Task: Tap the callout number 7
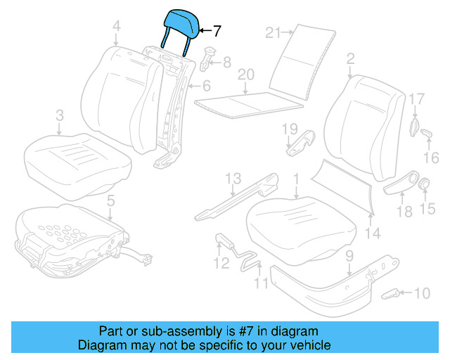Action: [217, 31]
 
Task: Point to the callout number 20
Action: [245, 74]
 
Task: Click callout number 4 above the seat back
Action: [116, 27]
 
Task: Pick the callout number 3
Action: [60, 114]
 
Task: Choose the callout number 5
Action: [110, 202]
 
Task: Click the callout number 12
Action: [221, 264]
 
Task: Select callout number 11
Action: [262, 284]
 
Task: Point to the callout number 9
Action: [348, 257]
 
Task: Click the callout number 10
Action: [422, 293]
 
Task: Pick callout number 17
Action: [416, 98]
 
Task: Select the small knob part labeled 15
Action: [425, 185]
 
